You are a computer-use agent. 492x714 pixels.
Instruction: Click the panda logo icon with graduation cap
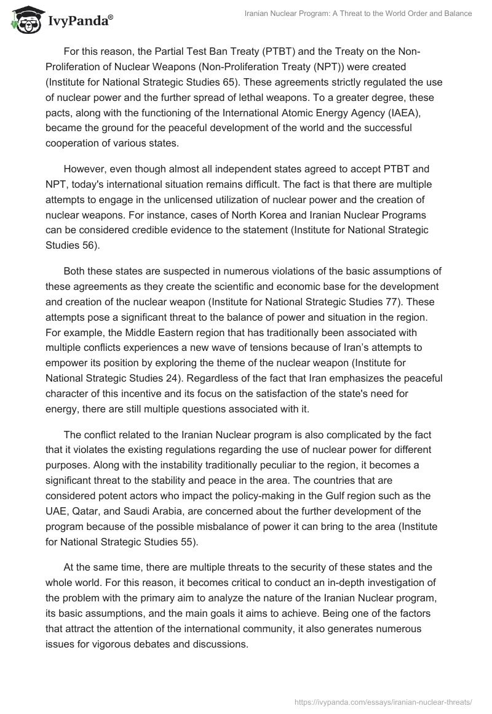coord(23,20)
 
